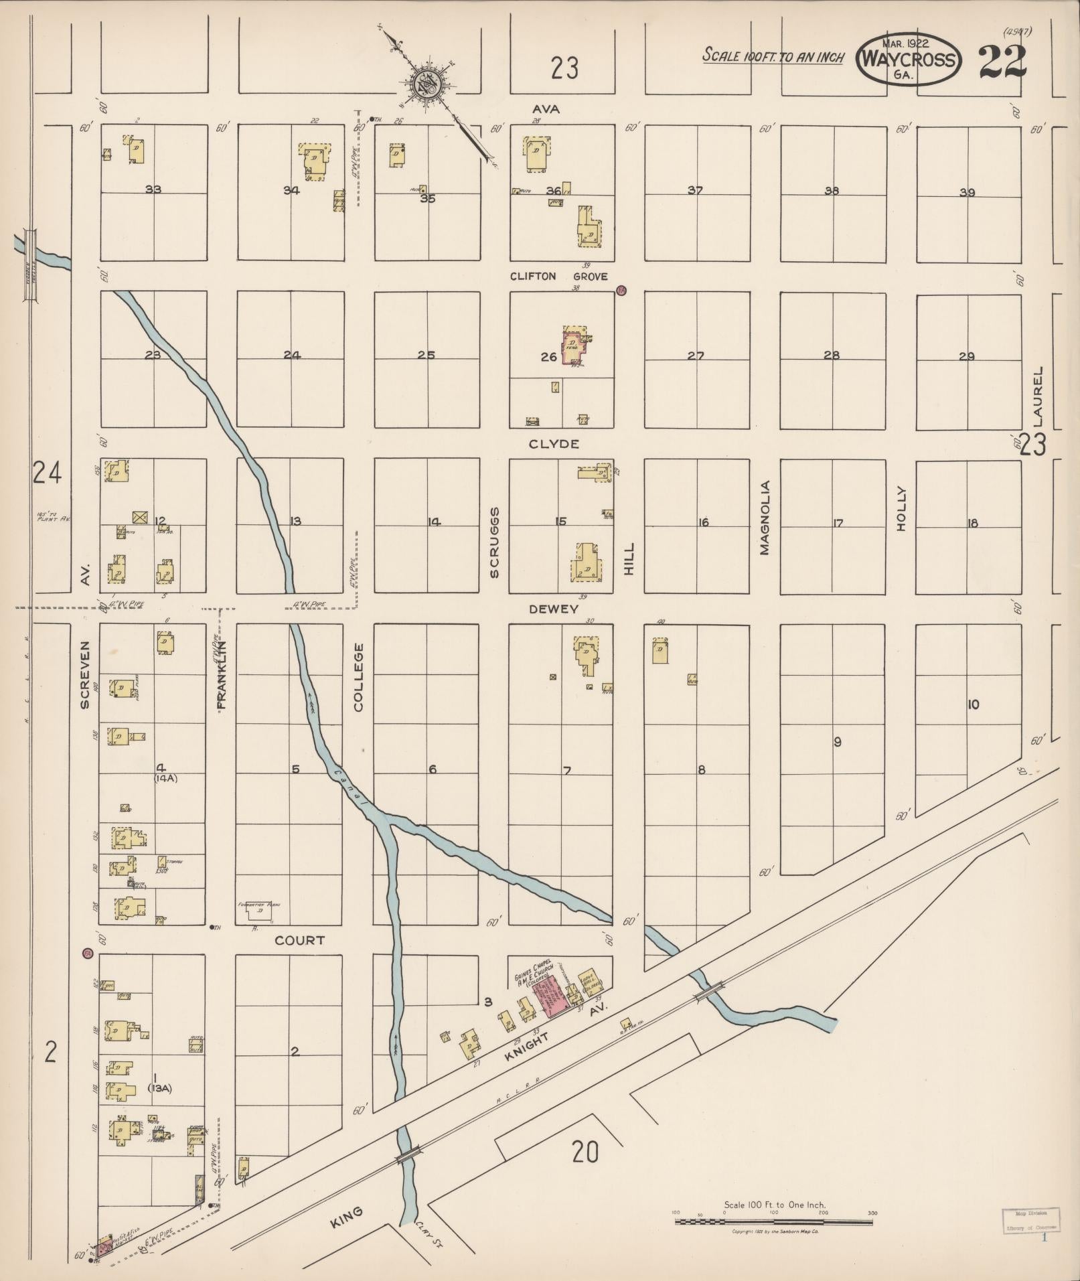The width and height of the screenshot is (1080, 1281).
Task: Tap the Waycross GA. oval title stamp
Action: [908, 59]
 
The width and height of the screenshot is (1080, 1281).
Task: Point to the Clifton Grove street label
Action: [558, 276]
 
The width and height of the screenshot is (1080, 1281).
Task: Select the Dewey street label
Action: [553, 609]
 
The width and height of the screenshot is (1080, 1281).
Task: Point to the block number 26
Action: [548, 357]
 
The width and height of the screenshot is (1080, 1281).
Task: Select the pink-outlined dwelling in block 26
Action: [574, 346]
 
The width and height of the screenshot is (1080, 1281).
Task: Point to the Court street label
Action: [299, 940]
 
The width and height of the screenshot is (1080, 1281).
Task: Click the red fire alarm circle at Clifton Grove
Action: [621, 291]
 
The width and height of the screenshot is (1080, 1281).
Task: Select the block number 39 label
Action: [967, 192]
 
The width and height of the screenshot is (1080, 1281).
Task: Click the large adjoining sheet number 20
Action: [585, 1152]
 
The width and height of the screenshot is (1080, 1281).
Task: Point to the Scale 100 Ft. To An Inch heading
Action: [773, 56]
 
